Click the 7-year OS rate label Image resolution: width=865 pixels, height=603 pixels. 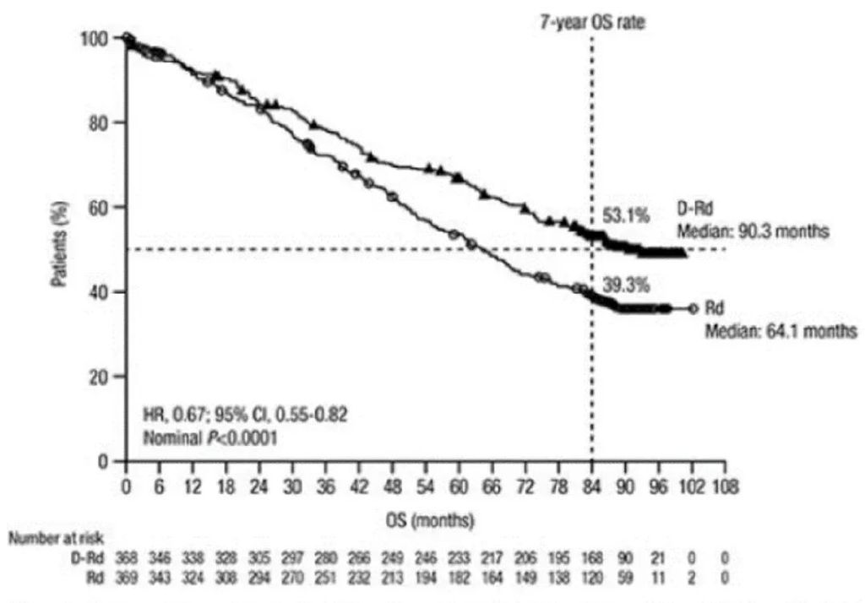click(x=592, y=24)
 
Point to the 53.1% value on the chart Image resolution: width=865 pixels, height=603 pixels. click(x=625, y=216)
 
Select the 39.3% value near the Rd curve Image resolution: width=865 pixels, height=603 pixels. click(x=625, y=285)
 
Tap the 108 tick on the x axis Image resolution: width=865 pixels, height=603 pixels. click(x=726, y=487)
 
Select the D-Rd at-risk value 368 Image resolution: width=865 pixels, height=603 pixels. click(x=126, y=559)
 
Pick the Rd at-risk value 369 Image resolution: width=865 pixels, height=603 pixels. click(x=126, y=576)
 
